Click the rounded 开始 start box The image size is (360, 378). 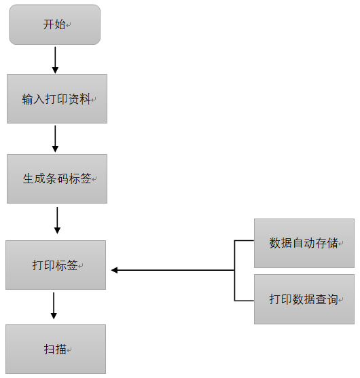coord(55,24)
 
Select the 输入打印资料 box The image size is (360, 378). coord(57,98)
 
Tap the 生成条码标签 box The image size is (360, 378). coord(57,178)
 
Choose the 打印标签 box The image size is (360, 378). coord(56,265)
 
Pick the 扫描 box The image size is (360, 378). coord(56,349)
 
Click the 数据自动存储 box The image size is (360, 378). coord(304,243)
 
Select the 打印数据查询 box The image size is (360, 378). coord(304,299)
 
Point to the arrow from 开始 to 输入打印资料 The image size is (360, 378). coord(55,60)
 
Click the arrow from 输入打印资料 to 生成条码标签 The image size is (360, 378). coord(55,138)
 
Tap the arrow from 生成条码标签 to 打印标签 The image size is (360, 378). coord(57,221)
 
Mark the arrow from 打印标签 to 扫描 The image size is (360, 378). coord(54,305)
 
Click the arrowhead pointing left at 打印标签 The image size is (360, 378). coord(114,270)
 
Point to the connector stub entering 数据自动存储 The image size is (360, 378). coord(244,241)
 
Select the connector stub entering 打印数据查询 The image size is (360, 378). coord(244,301)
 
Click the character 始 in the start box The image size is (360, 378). coord(60,24)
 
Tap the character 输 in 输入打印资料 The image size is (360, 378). coord(27,99)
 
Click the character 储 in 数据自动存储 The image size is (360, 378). coord(333,243)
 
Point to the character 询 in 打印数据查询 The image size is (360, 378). coord(333,299)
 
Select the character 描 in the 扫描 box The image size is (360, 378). coord(61,349)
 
